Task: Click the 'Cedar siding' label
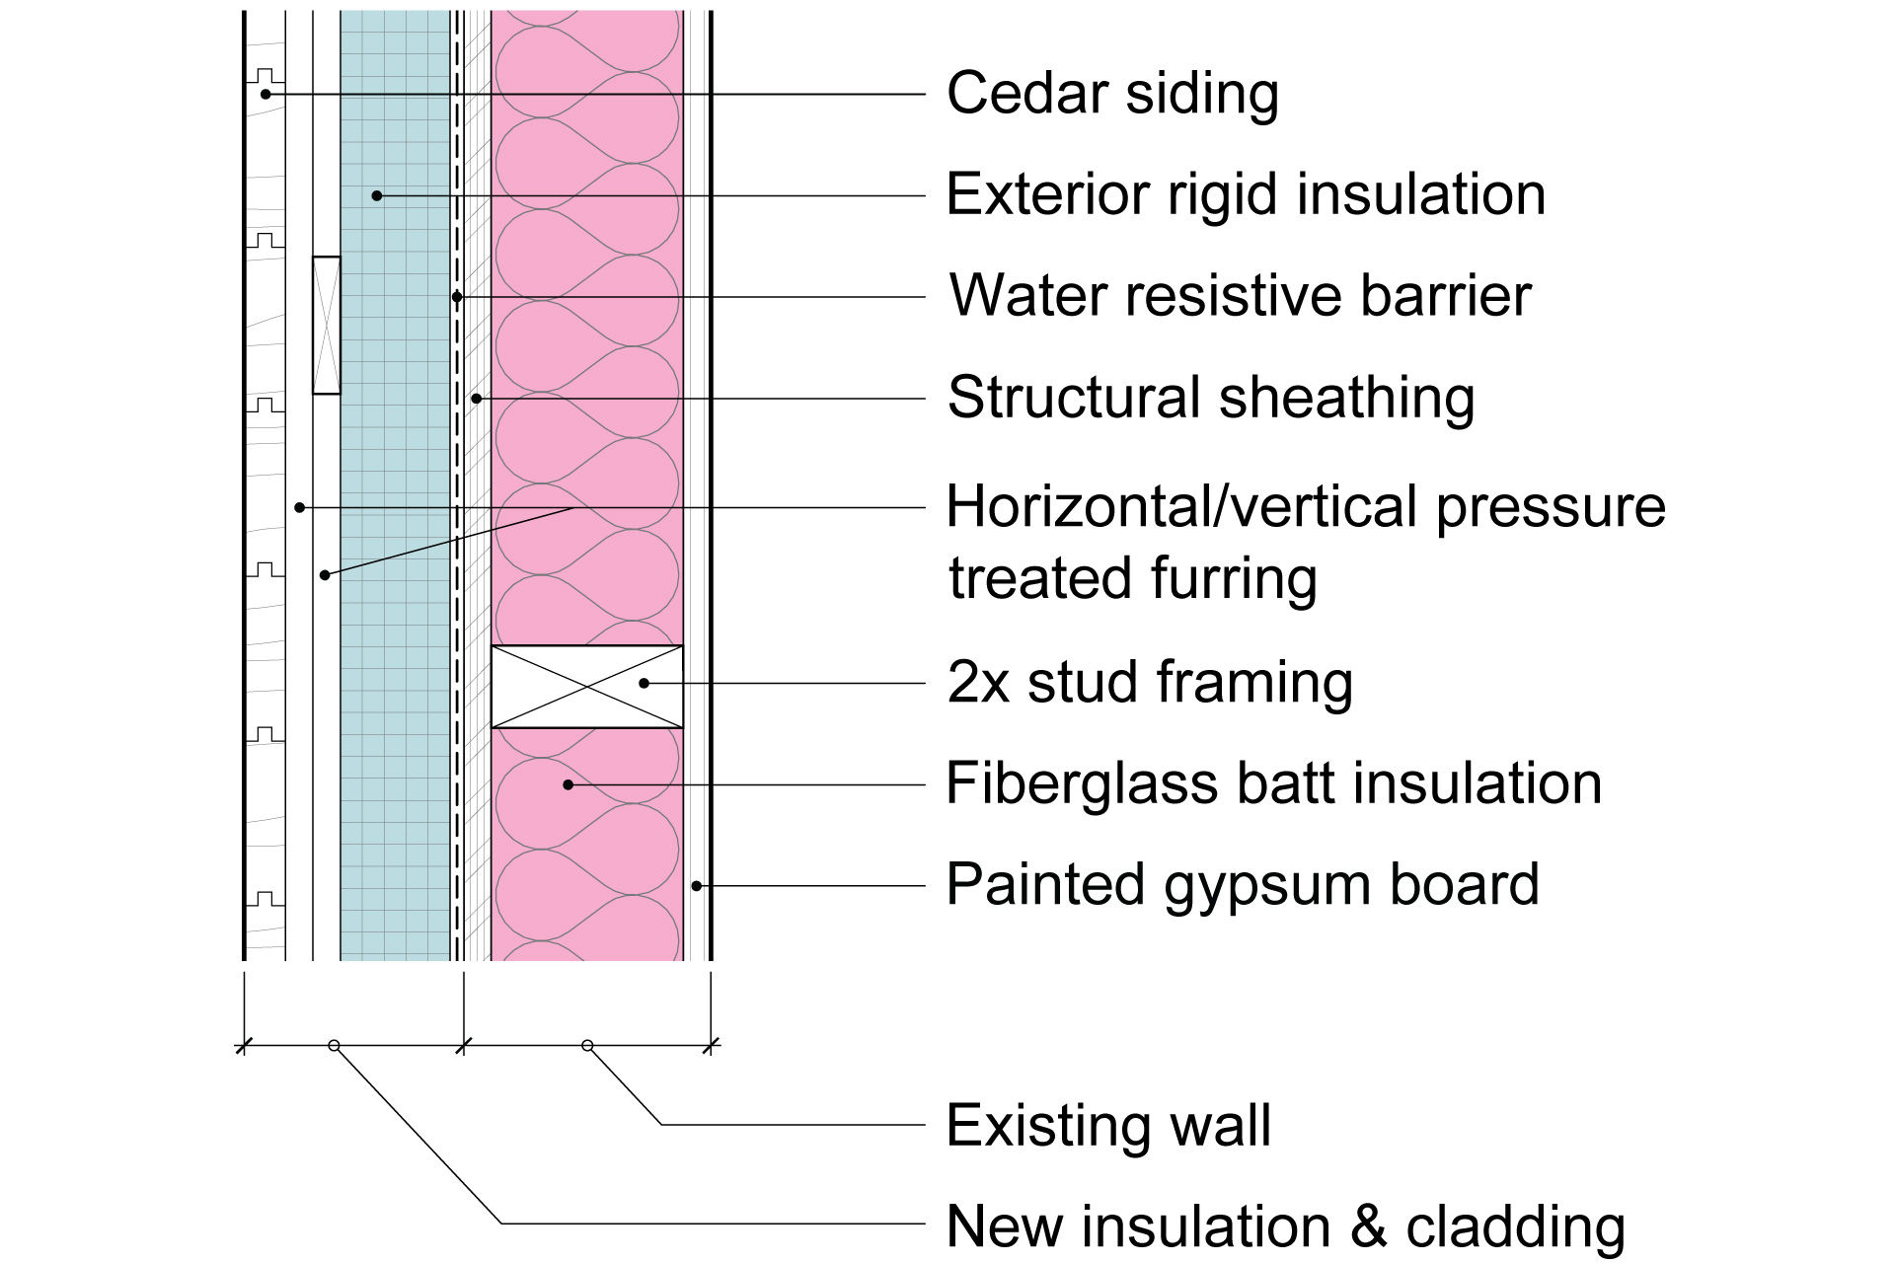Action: pos(1112,94)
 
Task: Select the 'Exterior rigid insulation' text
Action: pos(1246,194)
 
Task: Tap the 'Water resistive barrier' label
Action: pos(1240,295)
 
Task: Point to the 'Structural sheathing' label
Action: pos(1211,397)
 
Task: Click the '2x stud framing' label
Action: pos(1150,682)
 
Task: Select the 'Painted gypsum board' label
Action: pos(1243,884)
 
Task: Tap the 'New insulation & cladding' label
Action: pos(1285,1226)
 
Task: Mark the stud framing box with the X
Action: pos(587,687)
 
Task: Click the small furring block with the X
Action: pos(327,326)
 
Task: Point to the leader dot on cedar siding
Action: pos(265,94)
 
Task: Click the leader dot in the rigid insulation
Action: pos(377,195)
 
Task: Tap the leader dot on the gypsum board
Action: pos(697,886)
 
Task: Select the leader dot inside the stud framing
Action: pos(644,683)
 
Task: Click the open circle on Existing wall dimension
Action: pos(587,1045)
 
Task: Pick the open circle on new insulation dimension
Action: pos(334,1045)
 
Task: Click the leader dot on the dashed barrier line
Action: pos(457,297)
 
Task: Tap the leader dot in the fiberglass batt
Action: pos(568,784)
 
